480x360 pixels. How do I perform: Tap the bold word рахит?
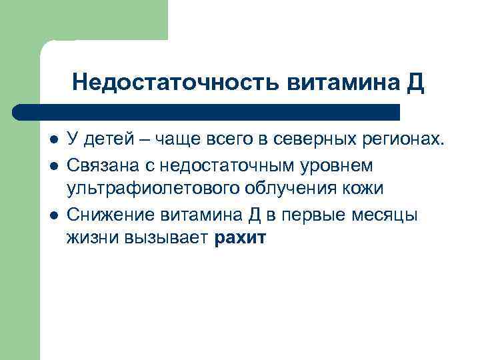point(241,238)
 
